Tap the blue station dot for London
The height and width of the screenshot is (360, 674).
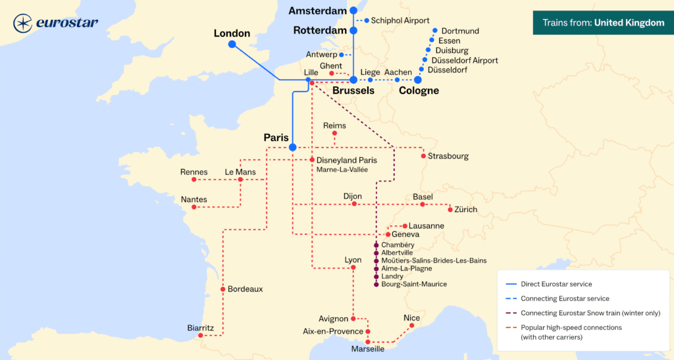[x=232, y=44]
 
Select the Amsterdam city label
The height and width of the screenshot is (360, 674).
[x=317, y=11]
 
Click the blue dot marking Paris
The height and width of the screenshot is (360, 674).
[x=293, y=147]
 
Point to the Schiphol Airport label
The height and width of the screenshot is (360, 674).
[x=400, y=20]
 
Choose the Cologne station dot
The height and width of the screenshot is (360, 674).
[x=418, y=80]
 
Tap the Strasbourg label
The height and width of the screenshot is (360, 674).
[x=448, y=156]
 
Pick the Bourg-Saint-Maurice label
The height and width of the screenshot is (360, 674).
[x=414, y=284]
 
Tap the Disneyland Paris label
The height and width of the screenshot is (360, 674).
[x=347, y=160]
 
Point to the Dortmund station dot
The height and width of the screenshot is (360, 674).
[x=435, y=31]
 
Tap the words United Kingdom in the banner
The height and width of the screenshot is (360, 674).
[x=629, y=23]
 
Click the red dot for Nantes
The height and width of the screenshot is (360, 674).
[x=194, y=207]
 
